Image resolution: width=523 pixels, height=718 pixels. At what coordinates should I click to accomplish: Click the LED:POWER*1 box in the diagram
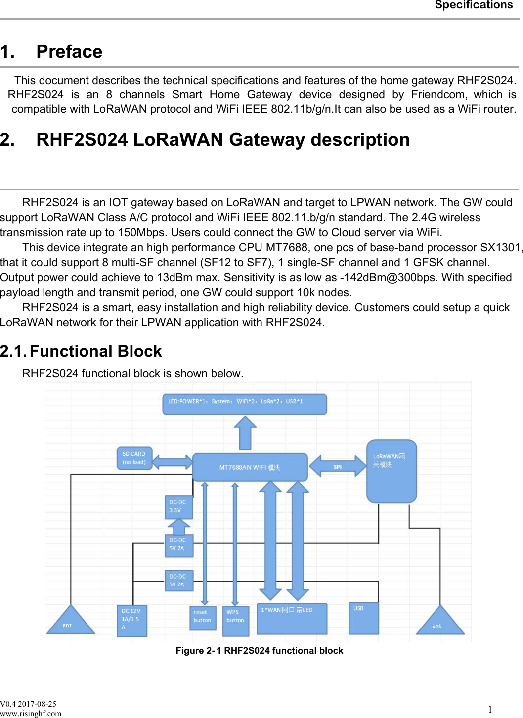[x=244, y=404]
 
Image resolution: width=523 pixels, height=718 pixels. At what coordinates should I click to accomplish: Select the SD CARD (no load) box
[x=134, y=458]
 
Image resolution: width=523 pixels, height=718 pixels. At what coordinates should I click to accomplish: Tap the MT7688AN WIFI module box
[x=250, y=467]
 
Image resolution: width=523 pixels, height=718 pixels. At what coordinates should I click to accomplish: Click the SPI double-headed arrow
[x=338, y=467]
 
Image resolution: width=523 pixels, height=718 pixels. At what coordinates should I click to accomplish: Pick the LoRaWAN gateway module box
[x=392, y=471]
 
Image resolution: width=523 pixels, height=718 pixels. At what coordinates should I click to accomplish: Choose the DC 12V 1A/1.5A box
[x=132, y=621]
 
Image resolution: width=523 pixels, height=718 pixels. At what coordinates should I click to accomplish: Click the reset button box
[x=203, y=618]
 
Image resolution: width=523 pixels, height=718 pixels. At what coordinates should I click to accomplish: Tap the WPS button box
[x=236, y=620]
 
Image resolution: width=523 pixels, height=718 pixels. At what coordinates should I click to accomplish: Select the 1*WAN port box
[x=292, y=619]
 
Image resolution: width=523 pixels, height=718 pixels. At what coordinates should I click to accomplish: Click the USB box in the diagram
[x=364, y=618]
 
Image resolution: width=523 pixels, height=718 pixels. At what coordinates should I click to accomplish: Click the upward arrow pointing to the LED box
[x=245, y=433]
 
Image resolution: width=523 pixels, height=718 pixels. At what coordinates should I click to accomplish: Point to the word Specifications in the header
[x=474, y=5]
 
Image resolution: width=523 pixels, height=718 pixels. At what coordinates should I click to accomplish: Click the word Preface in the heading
[x=69, y=52]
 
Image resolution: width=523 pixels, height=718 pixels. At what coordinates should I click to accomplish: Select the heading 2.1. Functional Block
[x=81, y=351]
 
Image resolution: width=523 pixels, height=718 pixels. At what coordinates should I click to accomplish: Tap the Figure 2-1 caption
[x=259, y=651]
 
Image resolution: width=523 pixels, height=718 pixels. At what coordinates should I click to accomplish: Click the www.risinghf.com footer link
[x=31, y=713]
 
